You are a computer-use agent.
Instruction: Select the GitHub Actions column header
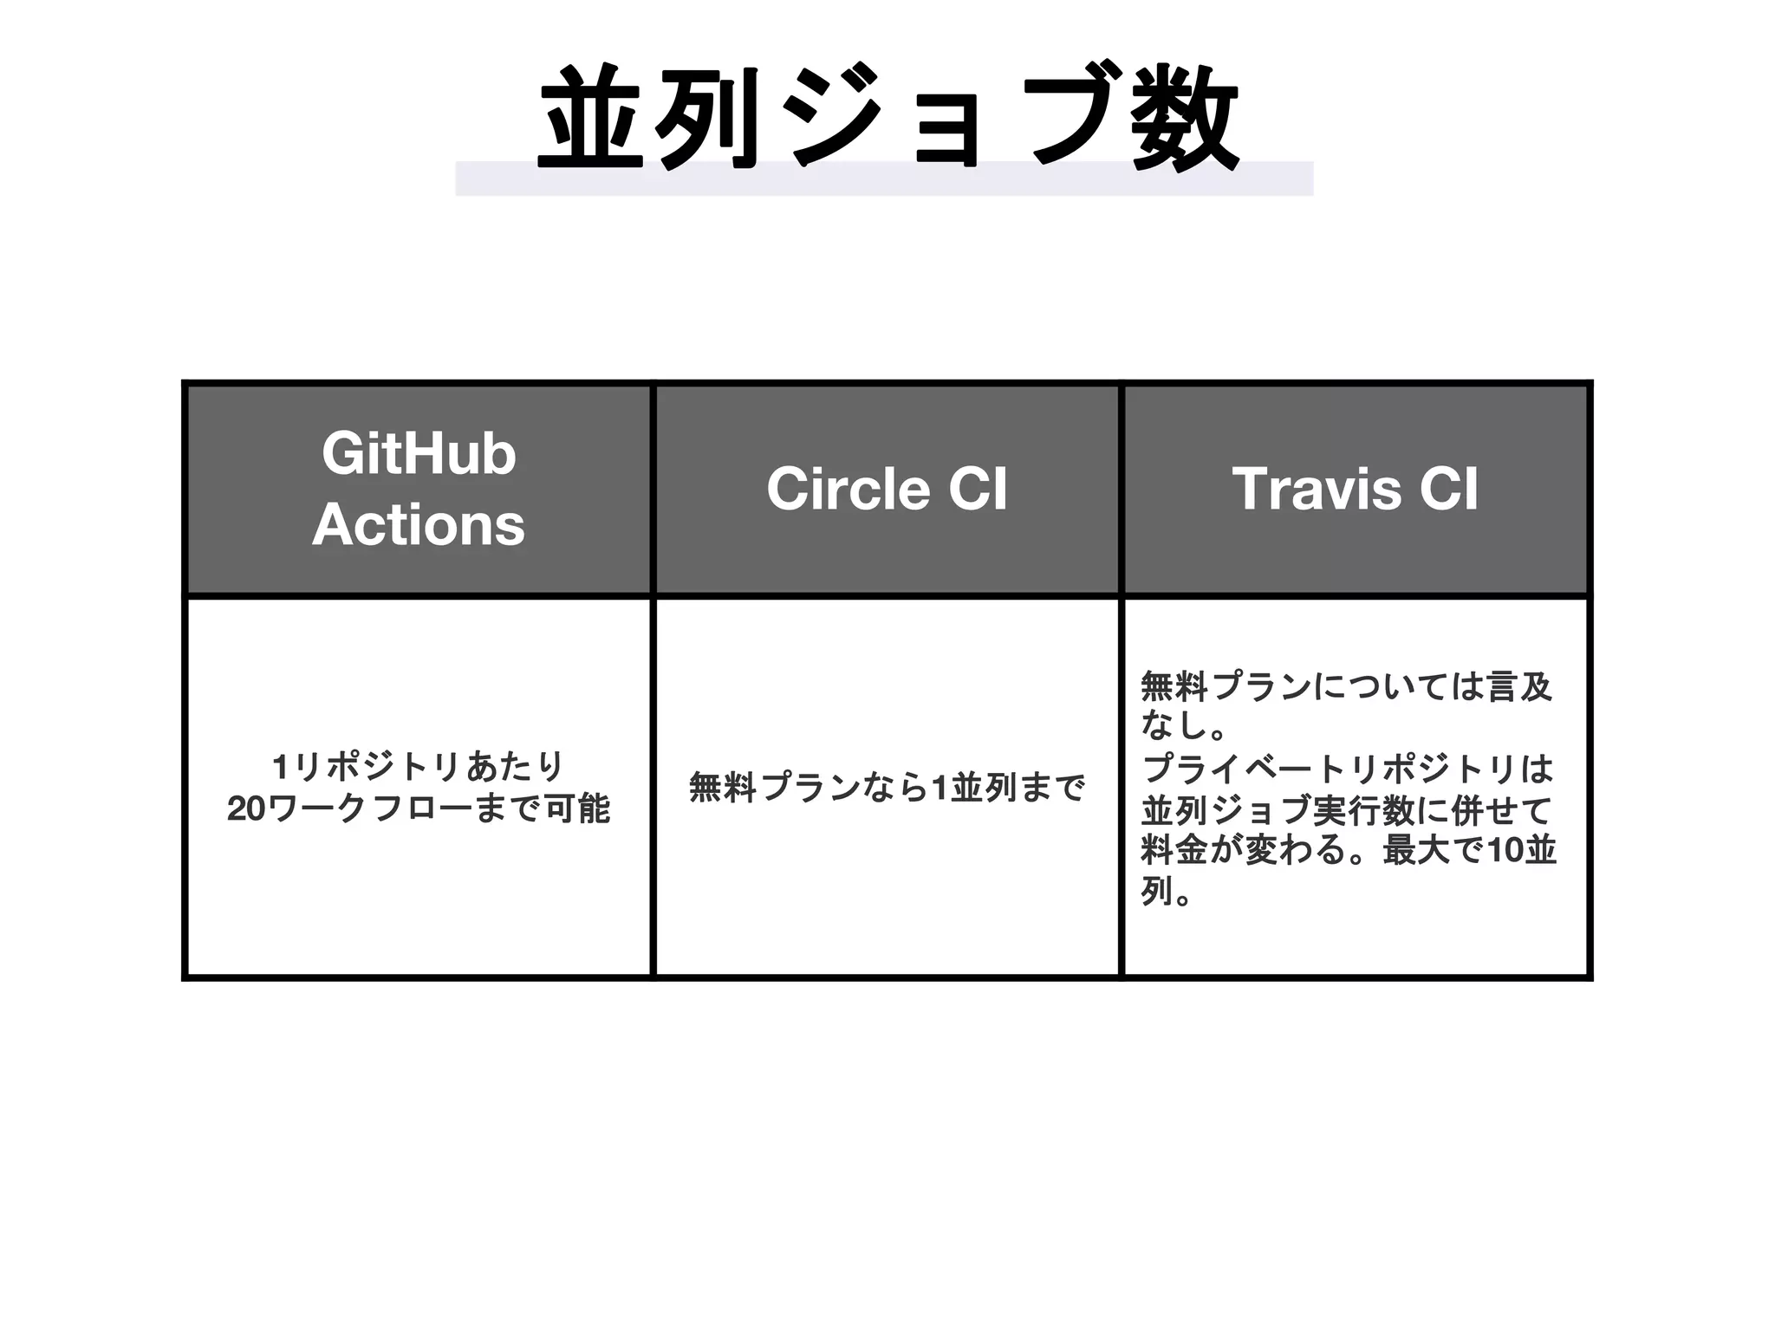tap(419, 490)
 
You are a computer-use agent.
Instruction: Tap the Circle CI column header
tap(887, 490)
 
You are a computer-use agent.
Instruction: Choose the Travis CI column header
tap(1356, 490)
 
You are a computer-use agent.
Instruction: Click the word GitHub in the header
tap(419, 453)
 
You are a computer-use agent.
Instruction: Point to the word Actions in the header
tap(419, 525)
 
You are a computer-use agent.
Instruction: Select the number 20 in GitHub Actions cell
tap(246, 809)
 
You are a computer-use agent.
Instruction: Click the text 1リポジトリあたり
tap(419, 767)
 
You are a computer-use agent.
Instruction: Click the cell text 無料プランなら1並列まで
tap(887, 789)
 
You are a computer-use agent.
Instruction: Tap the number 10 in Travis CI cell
tap(1506, 851)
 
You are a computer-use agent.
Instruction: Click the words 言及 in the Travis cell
tap(1518, 686)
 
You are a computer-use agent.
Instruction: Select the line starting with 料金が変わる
tap(1348, 851)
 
